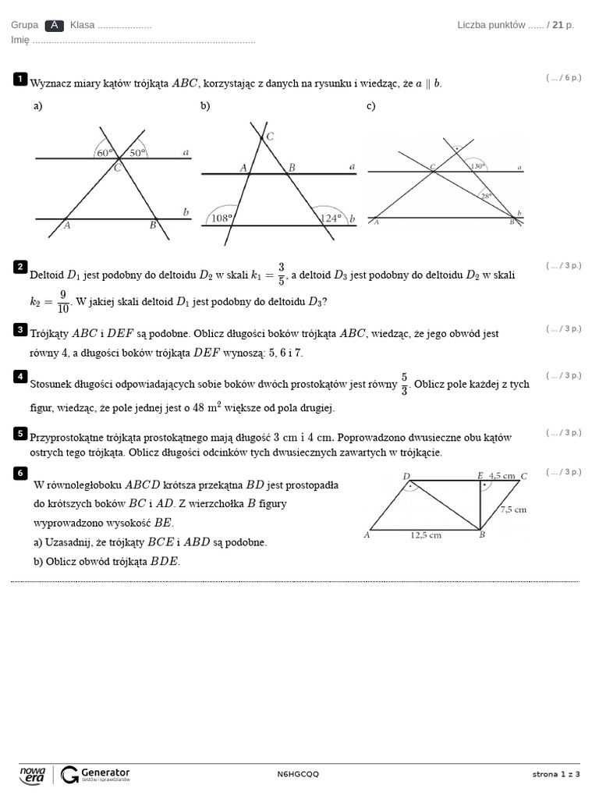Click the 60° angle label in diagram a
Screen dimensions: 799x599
coord(104,153)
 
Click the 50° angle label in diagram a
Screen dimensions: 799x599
coord(136,153)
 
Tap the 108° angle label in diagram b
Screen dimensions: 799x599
coord(222,218)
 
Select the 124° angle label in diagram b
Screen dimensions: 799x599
coord(331,218)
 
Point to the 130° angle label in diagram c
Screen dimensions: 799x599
coord(477,165)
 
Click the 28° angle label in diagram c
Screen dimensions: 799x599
coord(487,197)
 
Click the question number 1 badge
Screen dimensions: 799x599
coord(20,79)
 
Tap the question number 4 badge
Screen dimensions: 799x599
coord(20,377)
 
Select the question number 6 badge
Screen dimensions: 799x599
coord(20,473)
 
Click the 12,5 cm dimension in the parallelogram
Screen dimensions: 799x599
coord(427,535)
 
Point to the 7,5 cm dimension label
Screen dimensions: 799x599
coord(512,510)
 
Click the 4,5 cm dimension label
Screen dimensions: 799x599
coord(502,475)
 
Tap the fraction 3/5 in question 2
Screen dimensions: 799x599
coord(281,274)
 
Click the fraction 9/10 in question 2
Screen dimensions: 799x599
coord(62,300)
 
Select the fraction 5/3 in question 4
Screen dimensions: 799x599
coord(404,384)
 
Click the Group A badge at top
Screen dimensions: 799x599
coord(54,25)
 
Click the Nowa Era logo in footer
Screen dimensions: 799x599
coord(33,774)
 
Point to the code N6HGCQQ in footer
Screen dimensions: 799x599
coord(298,774)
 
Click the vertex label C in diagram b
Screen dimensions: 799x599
coord(270,137)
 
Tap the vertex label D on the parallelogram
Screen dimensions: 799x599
coord(406,476)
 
